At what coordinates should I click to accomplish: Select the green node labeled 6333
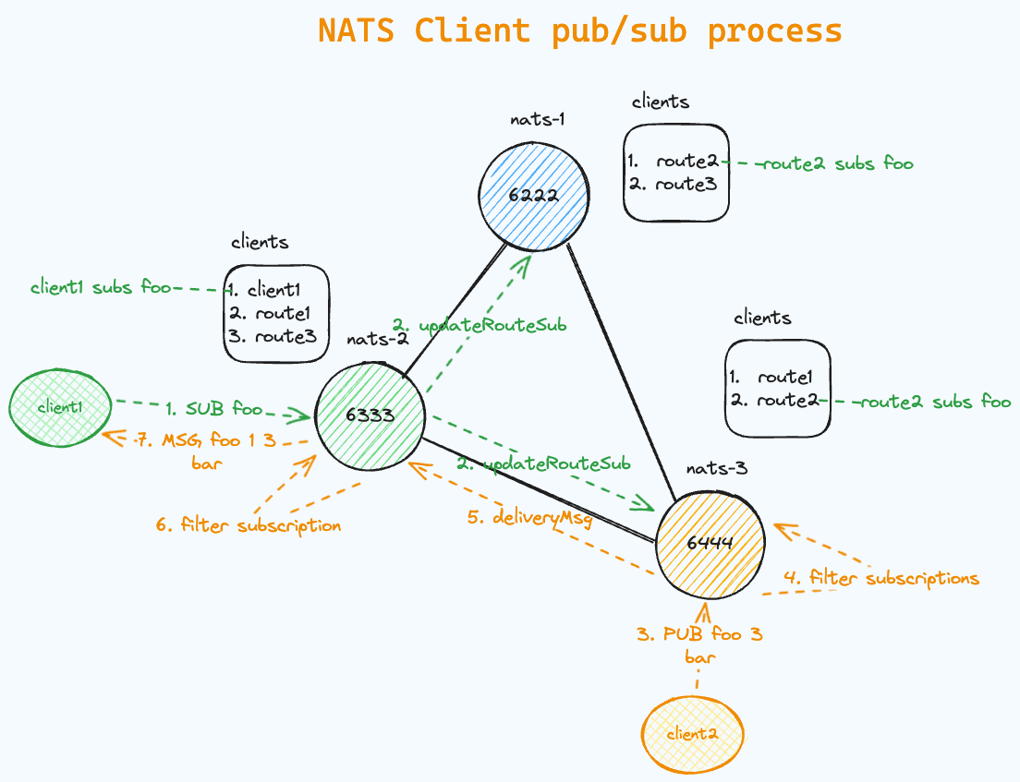tap(370, 415)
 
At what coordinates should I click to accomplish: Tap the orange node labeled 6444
tap(710, 544)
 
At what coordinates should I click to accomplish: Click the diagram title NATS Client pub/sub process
tap(579, 30)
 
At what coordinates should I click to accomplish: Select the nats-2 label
tap(378, 339)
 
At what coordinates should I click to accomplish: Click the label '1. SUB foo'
tap(214, 407)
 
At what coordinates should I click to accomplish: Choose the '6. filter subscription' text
tap(249, 525)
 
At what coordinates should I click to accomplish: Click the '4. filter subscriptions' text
tap(880, 579)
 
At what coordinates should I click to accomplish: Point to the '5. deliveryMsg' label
tap(529, 518)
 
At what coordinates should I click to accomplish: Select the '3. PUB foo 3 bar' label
tap(699, 645)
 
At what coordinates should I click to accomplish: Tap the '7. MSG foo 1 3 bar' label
tap(206, 450)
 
